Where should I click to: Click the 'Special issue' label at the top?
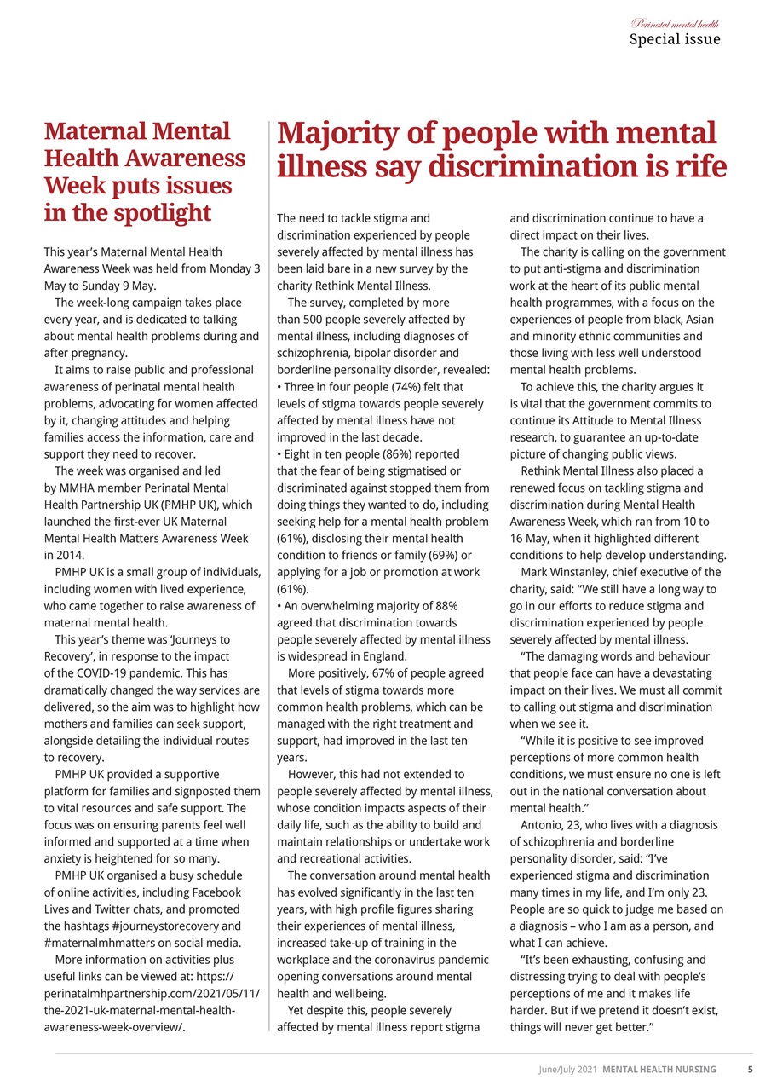(x=674, y=39)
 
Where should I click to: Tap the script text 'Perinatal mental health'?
(x=675, y=23)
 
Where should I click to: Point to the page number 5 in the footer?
(x=750, y=1069)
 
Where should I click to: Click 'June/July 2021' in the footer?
(x=567, y=1069)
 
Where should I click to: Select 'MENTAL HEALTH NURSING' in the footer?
(x=659, y=1069)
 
